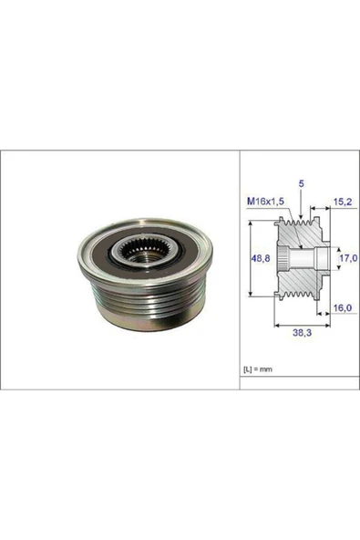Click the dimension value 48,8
(259, 258)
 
